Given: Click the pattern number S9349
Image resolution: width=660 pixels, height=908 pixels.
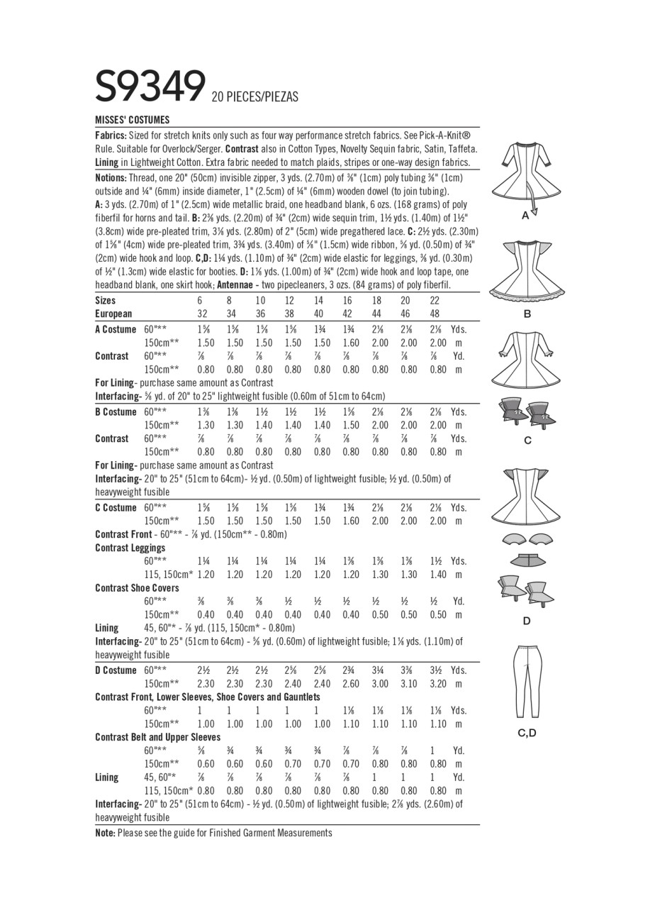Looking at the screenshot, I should click(150, 87).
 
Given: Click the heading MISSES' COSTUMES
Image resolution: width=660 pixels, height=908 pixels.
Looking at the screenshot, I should click(133, 120).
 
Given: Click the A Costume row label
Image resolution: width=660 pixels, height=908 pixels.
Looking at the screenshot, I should click(116, 329).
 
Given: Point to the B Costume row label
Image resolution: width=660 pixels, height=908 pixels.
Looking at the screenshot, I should click(116, 412).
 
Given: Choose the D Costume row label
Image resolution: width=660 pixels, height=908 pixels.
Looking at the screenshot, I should click(116, 670).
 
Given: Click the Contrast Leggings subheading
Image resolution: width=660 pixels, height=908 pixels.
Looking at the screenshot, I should click(130, 548).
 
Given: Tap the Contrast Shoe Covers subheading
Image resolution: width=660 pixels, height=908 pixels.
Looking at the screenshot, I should click(137, 588).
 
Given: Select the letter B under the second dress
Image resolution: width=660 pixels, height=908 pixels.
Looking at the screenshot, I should click(526, 314).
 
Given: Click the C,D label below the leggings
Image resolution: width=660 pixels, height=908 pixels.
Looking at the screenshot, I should click(526, 733).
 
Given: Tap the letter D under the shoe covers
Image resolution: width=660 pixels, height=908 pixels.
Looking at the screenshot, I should click(526, 621).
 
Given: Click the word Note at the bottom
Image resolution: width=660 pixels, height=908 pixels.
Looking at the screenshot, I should click(105, 833).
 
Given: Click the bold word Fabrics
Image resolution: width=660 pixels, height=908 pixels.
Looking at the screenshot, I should click(111, 135).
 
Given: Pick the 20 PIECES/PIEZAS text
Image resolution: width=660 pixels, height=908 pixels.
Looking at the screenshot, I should click(255, 97).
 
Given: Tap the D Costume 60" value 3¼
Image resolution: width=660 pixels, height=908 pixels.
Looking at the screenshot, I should click(380, 670).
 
